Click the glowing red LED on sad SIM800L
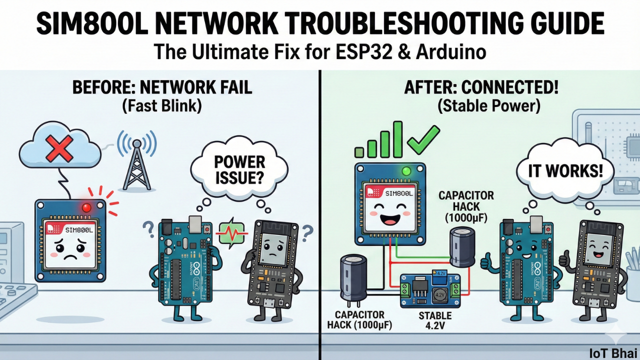[87, 206]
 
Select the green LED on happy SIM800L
[406, 171]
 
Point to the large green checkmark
[423, 139]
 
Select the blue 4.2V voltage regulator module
[429, 290]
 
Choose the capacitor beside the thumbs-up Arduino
[461, 247]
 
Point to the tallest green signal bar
[397, 139]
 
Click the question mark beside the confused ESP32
[307, 230]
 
